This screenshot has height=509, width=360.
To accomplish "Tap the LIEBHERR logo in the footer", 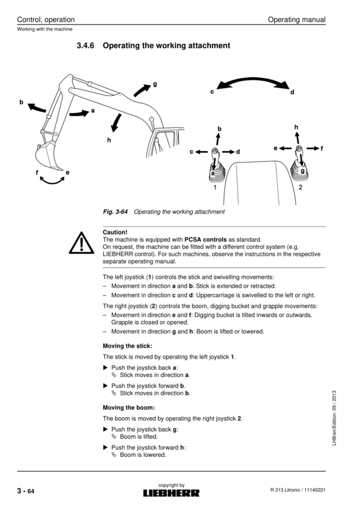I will coord(171,493).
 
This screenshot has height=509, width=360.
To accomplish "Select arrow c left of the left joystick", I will coord(202,152).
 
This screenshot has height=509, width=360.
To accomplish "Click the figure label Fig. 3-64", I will coord(116,212).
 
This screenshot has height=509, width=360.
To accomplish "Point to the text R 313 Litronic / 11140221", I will coord(298,492).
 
